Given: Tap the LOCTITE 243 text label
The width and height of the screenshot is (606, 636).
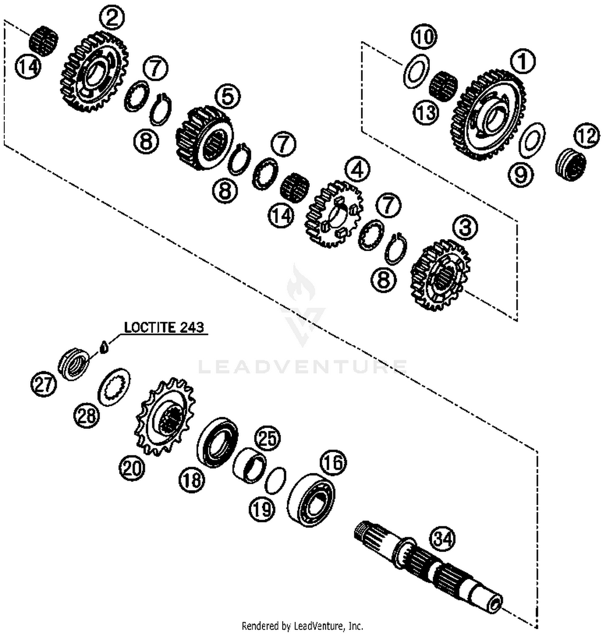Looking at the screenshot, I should coord(164,327).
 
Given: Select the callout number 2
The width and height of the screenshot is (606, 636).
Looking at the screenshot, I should coord(112,17).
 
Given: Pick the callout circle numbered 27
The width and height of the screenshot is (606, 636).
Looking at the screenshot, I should coord(44,384).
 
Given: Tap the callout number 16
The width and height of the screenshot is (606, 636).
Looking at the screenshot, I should coord(333,462).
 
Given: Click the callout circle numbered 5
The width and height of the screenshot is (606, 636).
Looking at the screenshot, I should coord(228,97).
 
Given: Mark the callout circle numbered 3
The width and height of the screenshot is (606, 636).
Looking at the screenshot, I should coord(465,227).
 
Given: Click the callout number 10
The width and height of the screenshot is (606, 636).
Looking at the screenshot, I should coord(424,37).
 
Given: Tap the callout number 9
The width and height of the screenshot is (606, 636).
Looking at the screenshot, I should coord(520,174).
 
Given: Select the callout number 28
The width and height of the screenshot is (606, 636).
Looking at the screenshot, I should coord(86,416).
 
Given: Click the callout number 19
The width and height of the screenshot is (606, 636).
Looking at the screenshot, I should coord(262,509).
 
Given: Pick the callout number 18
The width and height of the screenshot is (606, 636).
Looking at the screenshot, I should coord(192,480).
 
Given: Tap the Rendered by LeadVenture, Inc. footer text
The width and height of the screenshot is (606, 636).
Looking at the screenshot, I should coord(302,626).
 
